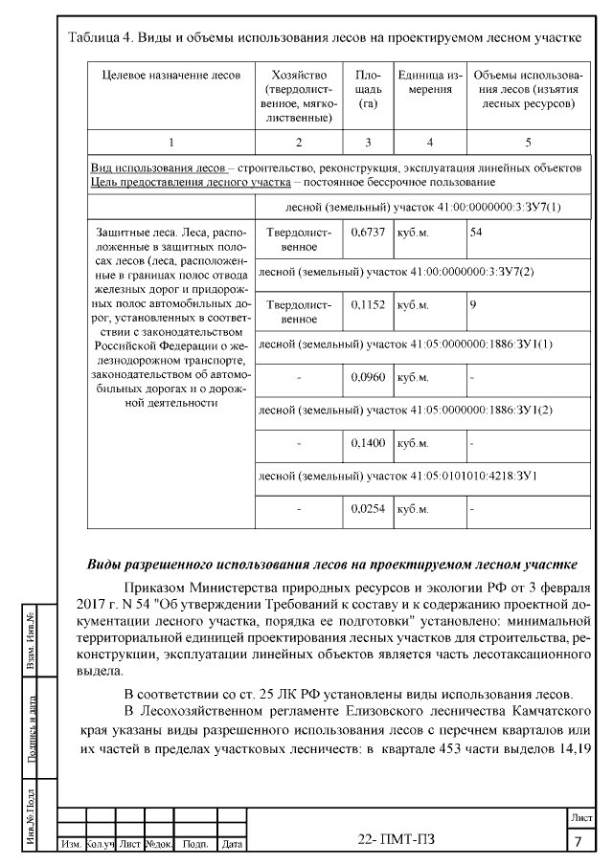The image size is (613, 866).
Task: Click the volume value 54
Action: click(475, 232)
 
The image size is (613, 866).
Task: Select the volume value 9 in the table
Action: click(472, 305)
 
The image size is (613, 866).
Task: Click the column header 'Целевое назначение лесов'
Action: click(170, 76)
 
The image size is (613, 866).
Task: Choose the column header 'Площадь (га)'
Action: click(368, 89)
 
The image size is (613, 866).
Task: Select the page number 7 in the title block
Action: click(579, 842)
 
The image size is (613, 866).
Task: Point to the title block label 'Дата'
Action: click(231, 845)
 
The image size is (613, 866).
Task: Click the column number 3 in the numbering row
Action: click(368, 142)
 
